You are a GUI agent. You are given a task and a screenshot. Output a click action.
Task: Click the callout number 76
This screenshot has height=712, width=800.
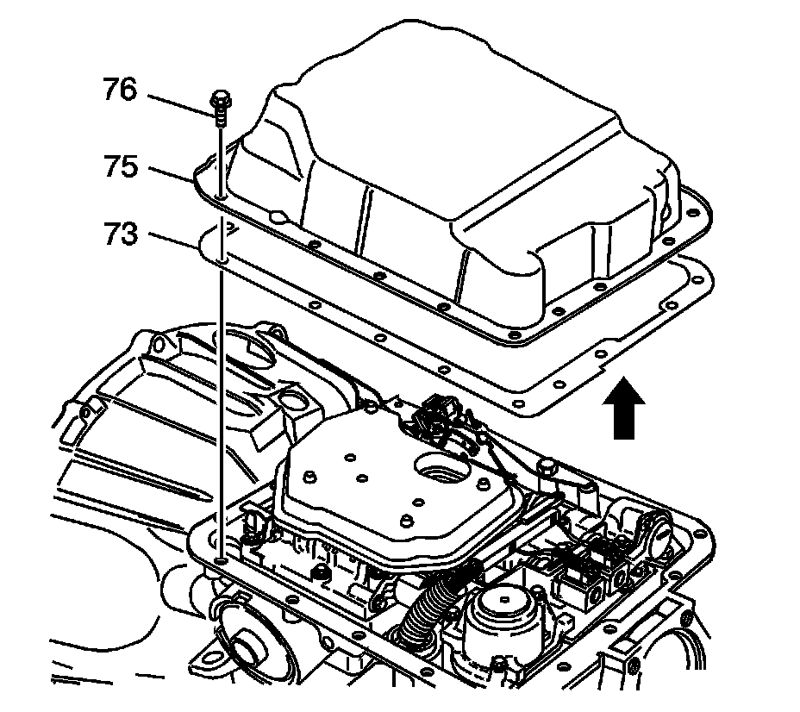[120, 91]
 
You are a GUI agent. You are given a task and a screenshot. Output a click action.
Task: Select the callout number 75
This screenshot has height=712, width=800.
[120, 166]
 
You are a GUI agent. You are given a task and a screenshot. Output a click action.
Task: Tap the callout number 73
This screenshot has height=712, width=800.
[120, 234]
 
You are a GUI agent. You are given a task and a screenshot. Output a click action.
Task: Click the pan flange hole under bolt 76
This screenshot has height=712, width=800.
[222, 199]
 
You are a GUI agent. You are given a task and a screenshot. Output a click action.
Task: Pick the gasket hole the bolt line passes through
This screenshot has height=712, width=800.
[222, 257]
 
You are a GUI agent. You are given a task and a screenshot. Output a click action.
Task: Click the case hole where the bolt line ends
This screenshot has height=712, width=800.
[222, 561]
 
